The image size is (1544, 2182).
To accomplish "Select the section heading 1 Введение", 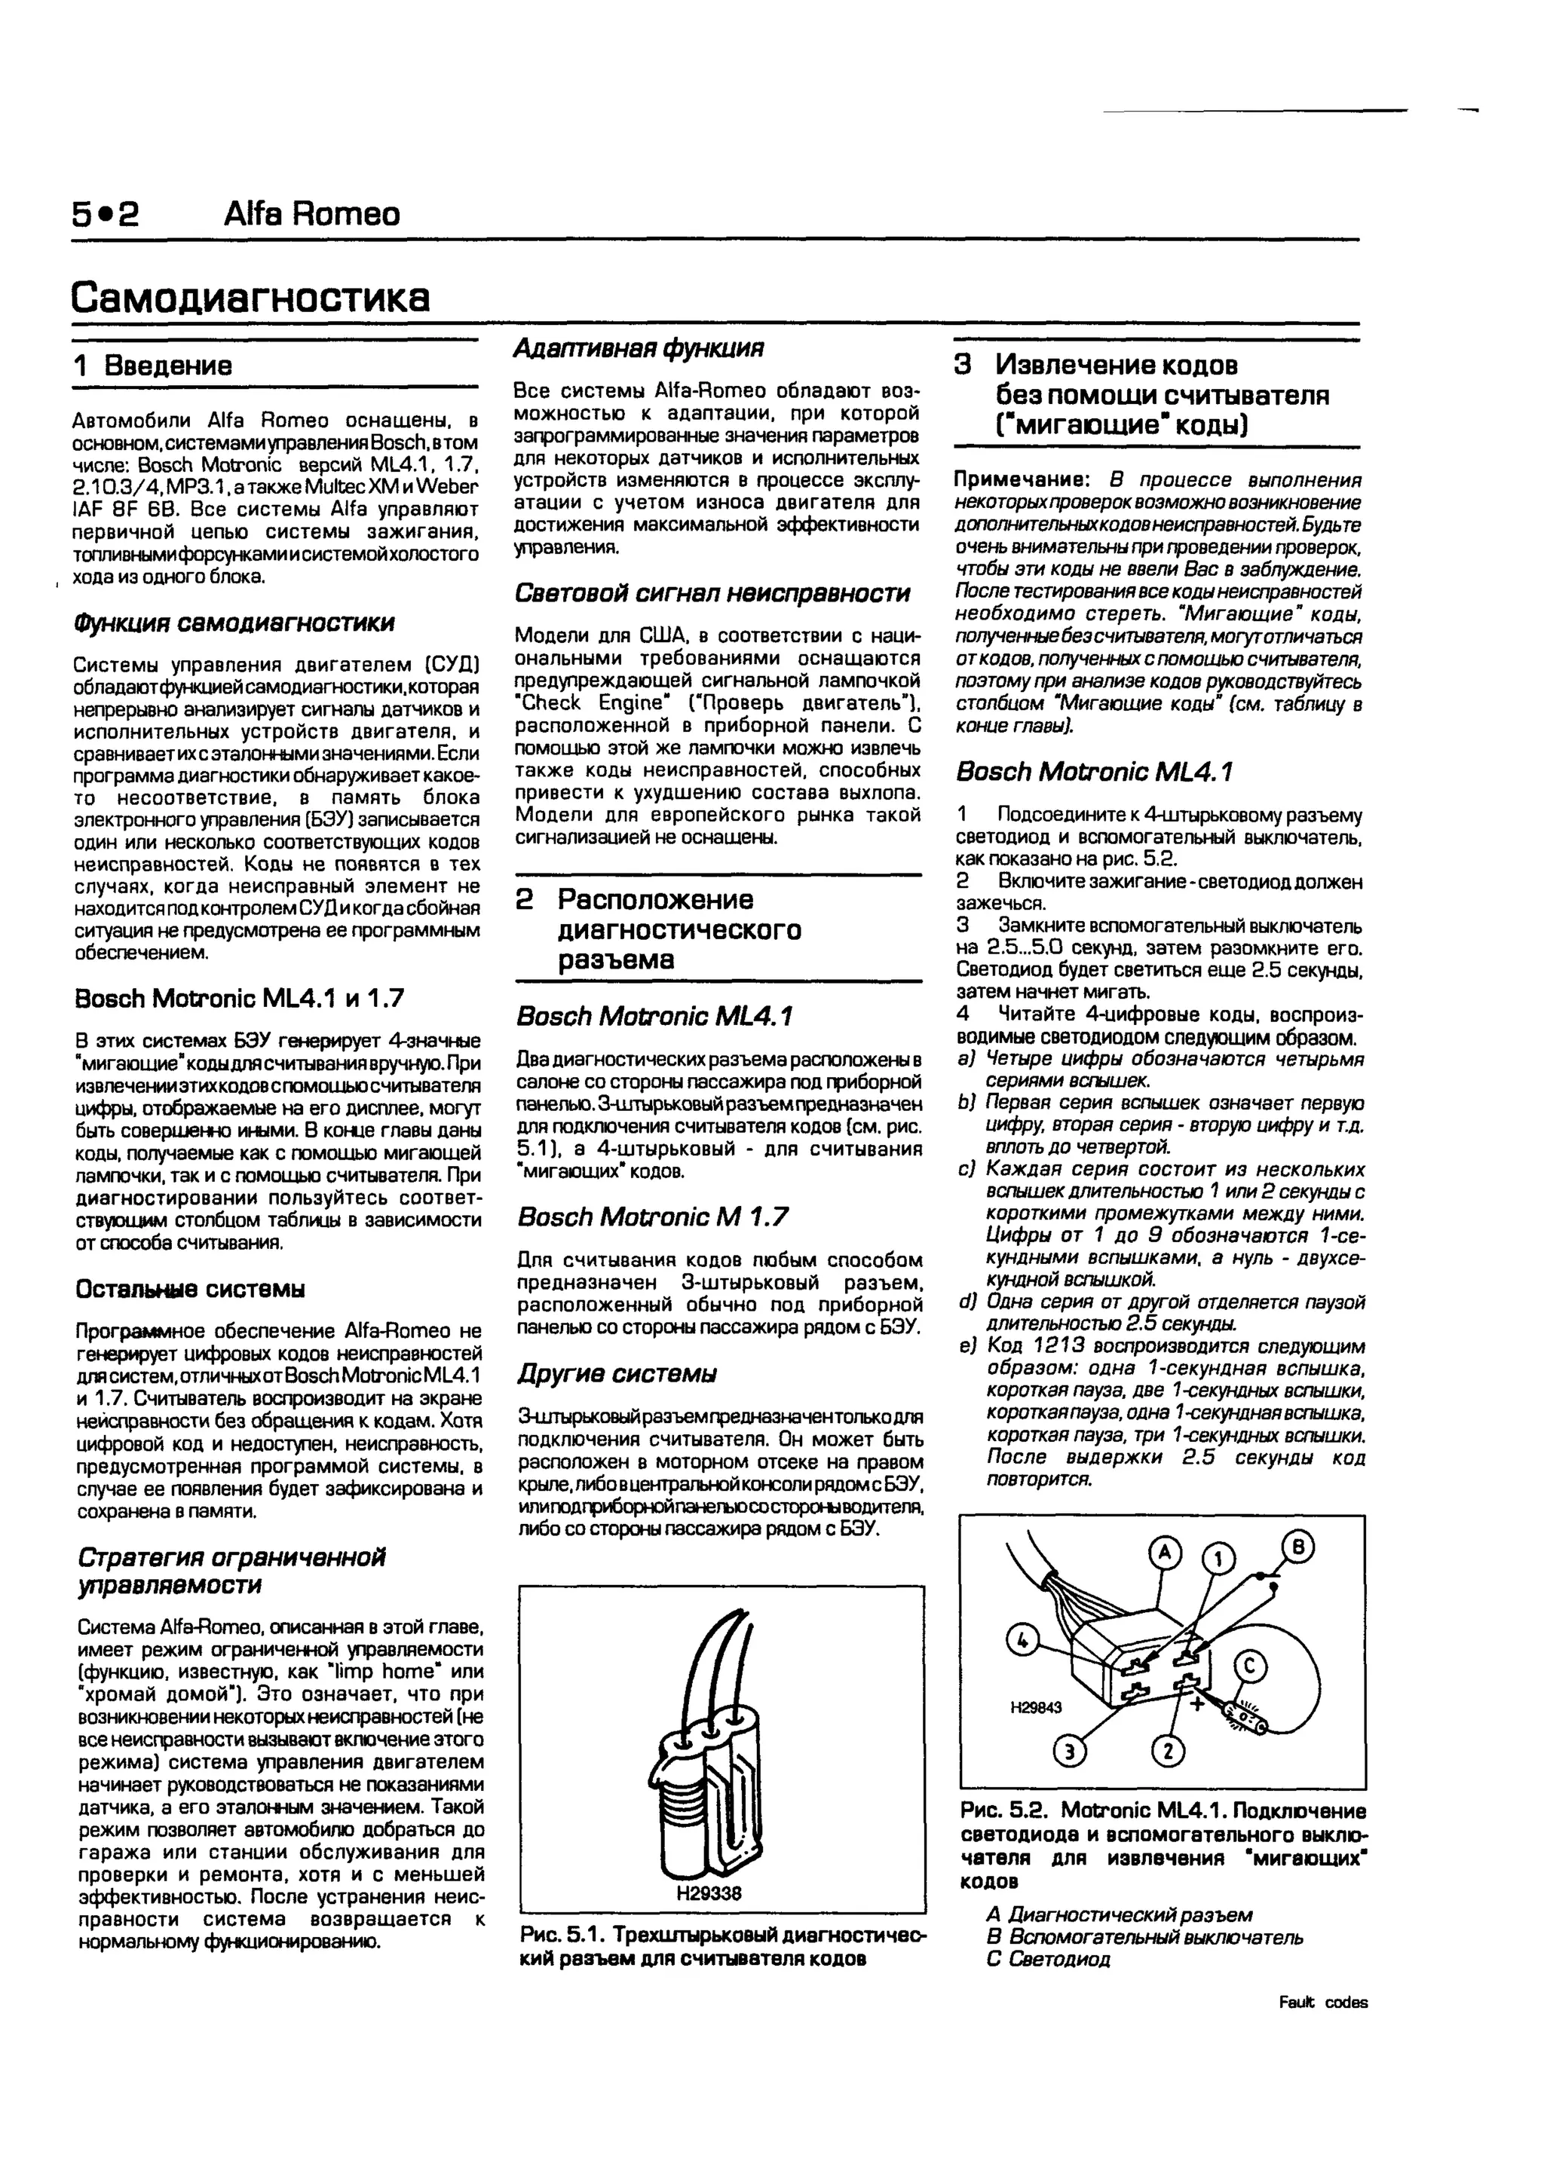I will click(153, 366).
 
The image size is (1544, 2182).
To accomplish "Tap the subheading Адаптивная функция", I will click(638, 349).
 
